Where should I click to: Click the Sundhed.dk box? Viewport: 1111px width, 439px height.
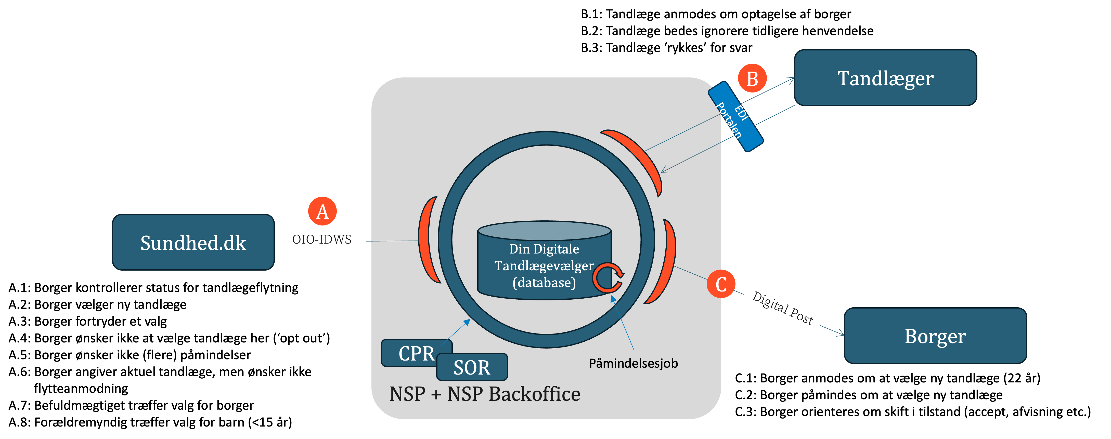pos(193,242)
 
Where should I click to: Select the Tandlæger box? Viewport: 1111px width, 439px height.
pos(885,78)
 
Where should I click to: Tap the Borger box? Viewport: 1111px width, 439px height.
pos(935,336)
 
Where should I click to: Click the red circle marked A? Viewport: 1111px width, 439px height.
pos(322,211)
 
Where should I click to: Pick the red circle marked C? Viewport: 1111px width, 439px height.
pos(721,284)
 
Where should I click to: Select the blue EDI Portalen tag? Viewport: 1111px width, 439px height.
pos(735,116)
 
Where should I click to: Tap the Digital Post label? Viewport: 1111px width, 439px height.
pos(782,308)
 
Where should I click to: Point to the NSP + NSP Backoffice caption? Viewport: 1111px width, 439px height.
pos(485,394)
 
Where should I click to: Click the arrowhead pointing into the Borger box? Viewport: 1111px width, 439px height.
pos(841,334)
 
